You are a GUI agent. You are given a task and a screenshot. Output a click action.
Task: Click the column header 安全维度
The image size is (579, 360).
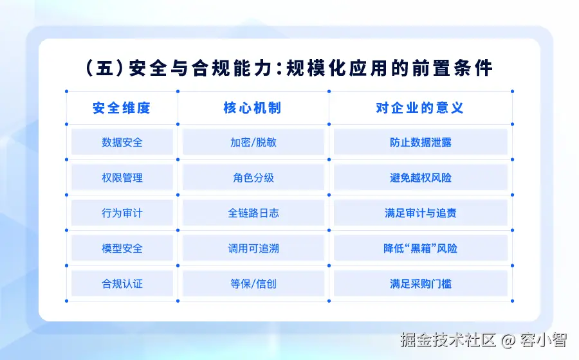pos(122,108)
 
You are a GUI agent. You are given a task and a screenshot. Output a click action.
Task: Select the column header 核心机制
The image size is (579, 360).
pos(253,108)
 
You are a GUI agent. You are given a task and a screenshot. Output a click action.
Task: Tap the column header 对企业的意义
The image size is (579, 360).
pos(420,108)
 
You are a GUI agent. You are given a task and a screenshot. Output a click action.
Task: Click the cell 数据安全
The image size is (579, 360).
pos(122,142)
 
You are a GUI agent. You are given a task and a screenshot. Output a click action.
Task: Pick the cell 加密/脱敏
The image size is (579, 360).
pos(253,142)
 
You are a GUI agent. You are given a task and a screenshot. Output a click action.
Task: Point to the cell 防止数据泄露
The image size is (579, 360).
pos(421,142)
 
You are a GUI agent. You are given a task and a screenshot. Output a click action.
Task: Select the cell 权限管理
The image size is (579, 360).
pos(122,178)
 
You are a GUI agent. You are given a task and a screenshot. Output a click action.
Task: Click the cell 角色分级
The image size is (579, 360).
pos(253,178)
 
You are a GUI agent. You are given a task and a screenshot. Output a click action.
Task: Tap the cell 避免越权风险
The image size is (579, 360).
pos(421,178)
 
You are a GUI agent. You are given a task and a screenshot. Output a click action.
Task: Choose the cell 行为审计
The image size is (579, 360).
pos(122,213)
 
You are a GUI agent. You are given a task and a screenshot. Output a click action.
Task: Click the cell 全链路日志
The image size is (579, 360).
pos(253,213)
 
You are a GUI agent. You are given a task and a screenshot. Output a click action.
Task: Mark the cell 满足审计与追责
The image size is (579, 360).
pos(421,213)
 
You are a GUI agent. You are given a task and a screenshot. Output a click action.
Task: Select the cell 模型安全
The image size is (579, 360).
pos(122,249)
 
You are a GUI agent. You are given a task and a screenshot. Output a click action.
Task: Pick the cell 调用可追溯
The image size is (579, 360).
pos(253,249)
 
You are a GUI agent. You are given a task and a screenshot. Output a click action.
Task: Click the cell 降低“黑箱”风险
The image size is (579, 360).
pos(421,249)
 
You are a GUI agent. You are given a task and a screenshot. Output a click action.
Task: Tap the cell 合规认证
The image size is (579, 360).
pos(122,284)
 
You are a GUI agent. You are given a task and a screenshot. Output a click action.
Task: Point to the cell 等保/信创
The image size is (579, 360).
pos(253,284)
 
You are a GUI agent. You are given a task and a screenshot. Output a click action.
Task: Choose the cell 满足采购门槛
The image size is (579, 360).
pos(421,284)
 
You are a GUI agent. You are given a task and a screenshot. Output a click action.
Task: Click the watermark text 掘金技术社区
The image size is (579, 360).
pos(448,340)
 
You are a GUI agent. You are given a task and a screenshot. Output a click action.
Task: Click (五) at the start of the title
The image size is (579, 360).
pos(104,68)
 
